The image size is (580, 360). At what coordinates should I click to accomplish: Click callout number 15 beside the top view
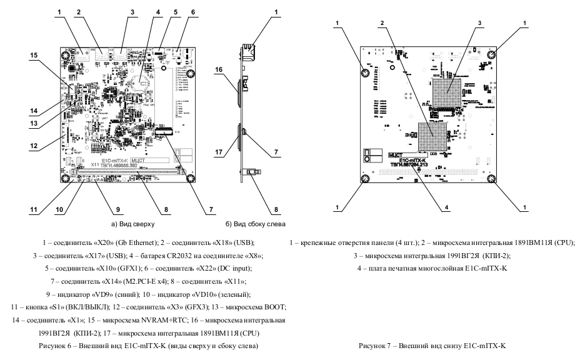(32, 55)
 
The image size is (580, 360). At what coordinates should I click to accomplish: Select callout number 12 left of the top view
(32, 147)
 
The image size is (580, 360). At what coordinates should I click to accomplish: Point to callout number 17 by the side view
(220, 151)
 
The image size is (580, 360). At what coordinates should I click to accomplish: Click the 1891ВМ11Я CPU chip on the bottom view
(431, 136)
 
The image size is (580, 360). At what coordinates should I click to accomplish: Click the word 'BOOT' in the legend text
(275, 306)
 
